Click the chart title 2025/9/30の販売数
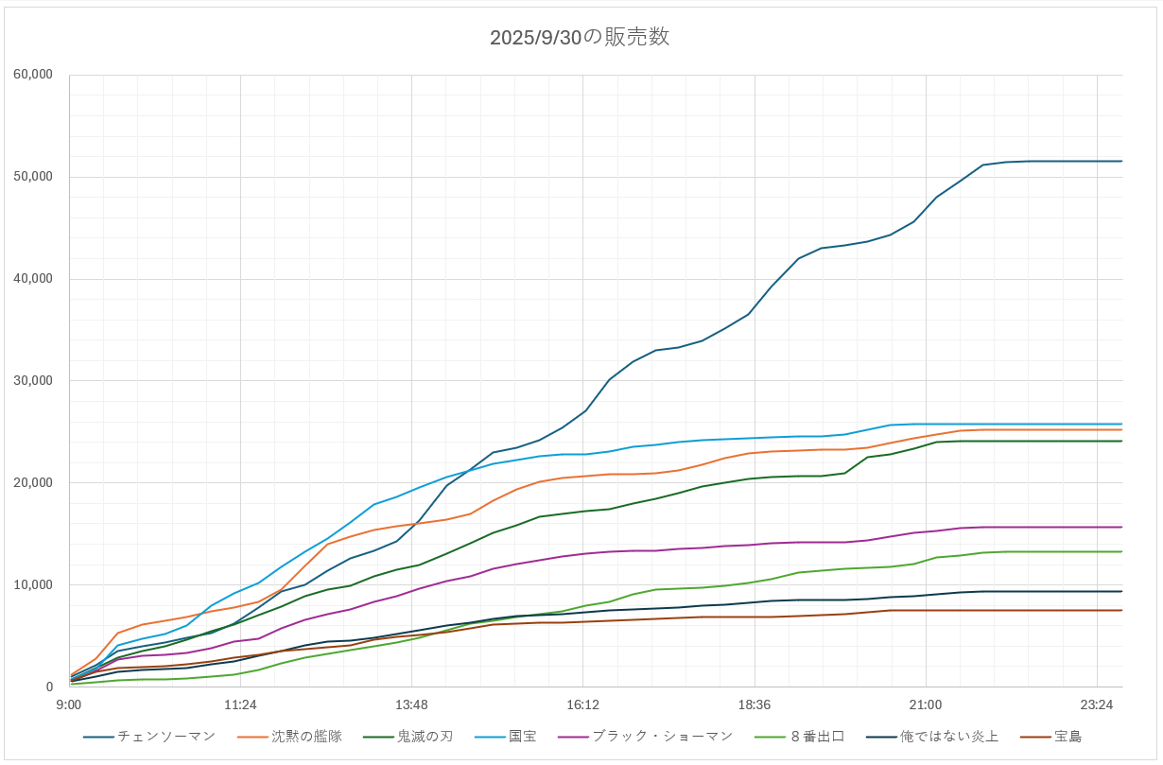pos(580,38)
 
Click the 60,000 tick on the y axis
pos(34,75)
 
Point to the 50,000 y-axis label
pos(34,177)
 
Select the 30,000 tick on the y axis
pos(34,381)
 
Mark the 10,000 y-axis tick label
pos(34,585)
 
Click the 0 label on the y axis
pos(49,687)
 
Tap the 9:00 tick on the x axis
pos(69,704)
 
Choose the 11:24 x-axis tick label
pos(240,704)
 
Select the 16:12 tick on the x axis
pos(582,704)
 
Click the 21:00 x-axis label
pos(925,704)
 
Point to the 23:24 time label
pos(1096,704)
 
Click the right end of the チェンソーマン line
pos(1121,162)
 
